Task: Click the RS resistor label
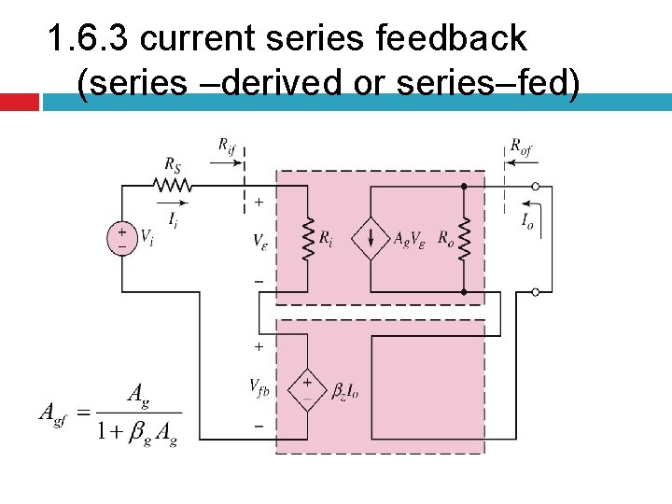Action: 173,164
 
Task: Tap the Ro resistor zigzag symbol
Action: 463,240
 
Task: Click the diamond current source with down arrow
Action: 371,240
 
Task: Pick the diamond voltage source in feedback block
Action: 307,391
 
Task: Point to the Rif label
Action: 227,144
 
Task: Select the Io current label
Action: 528,222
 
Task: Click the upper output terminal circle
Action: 536,186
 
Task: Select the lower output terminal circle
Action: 536,292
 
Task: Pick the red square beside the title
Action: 19,102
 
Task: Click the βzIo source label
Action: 345,392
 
